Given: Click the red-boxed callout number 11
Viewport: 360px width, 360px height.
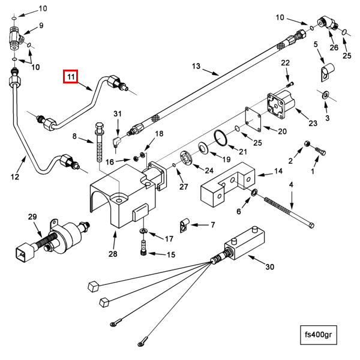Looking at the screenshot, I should point(71,77).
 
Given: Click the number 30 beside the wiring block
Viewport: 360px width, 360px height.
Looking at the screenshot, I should point(269,267).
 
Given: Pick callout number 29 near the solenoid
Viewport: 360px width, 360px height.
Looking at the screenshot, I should point(32,217).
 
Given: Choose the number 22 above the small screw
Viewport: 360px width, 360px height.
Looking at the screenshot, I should point(286,63).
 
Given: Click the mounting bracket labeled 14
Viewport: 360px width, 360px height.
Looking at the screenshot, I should point(228,182).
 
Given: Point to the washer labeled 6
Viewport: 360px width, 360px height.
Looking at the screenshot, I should point(254,193).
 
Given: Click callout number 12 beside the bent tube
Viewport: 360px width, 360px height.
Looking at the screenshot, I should point(15,176).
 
